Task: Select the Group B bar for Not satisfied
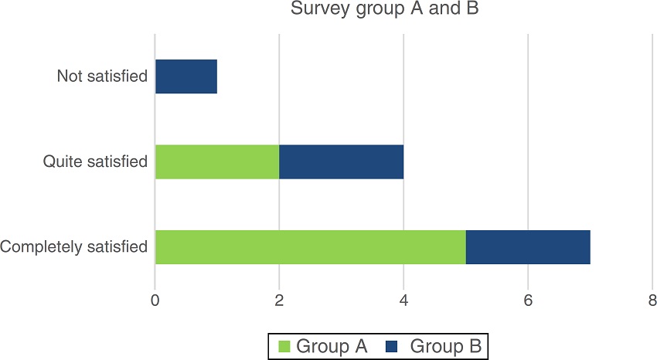pyautogui.click(x=186, y=76)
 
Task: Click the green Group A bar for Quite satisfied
pyautogui.click(x=217, y=161)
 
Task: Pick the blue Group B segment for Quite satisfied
pyautogui.click(x=341, y=161)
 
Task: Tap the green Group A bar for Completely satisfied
pyautogui.click(x=310, y=247)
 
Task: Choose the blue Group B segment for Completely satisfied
pyautogui.click(x=528, y=247)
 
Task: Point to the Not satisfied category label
pyautogui.click(x=102, y=76)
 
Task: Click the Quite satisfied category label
pyautogui.click(x=95, y=162)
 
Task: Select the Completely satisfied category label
pyautogui.click(x=74, y=248)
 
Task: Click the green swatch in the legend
pyautogui.click(x=283, y=347)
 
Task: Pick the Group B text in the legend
pyautogui.click(x=446, y=347)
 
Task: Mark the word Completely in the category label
pyautogui.click(x=41, y=248)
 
